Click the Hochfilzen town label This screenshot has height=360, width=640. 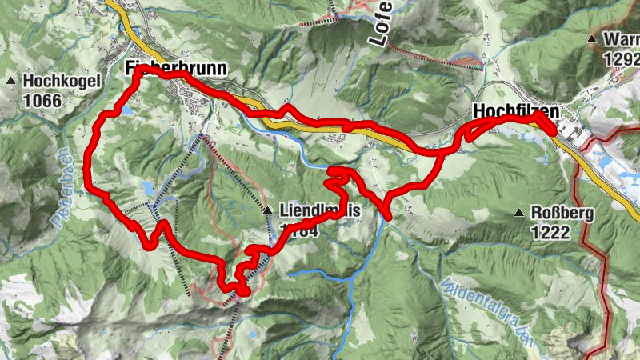pyautogui.click(x=516, y=110)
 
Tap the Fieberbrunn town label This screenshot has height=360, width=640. pyautogui.click(x=177, y=68)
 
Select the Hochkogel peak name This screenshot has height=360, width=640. pyautogui.click(x=61, y=81)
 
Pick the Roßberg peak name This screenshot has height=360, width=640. pyautogui.click(x=562, y=213)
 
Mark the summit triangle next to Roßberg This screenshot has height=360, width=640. pyautogui.click(x=519, y=213)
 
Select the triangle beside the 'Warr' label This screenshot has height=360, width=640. pyautogui.click(x=592, y=39)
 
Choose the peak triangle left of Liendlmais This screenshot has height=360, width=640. pyautogui.click(x=268, y=210)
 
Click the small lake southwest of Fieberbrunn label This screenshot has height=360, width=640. pyautogui.click(x=126, y=112)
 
